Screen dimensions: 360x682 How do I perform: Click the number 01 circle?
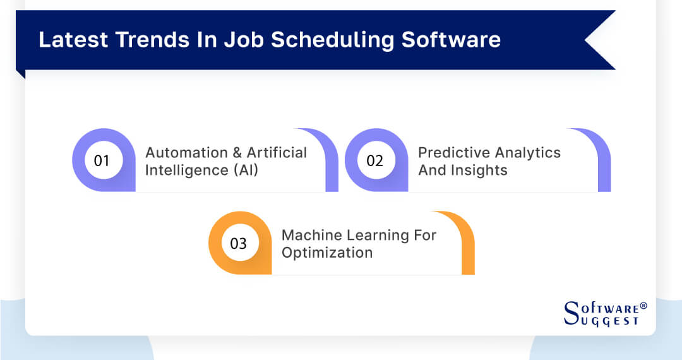coord(102,160)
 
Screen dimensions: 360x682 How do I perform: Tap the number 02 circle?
coord(374,160)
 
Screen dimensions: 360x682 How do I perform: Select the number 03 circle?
coord(238,243)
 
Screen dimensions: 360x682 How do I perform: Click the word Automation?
coord(186,153)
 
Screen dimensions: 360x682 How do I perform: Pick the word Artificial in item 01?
coord(277,153)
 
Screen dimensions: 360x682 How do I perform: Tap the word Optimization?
coord(326,253)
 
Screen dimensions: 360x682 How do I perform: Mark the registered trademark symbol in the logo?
coord(643,306)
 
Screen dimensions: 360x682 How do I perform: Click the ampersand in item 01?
coord(237,153)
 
